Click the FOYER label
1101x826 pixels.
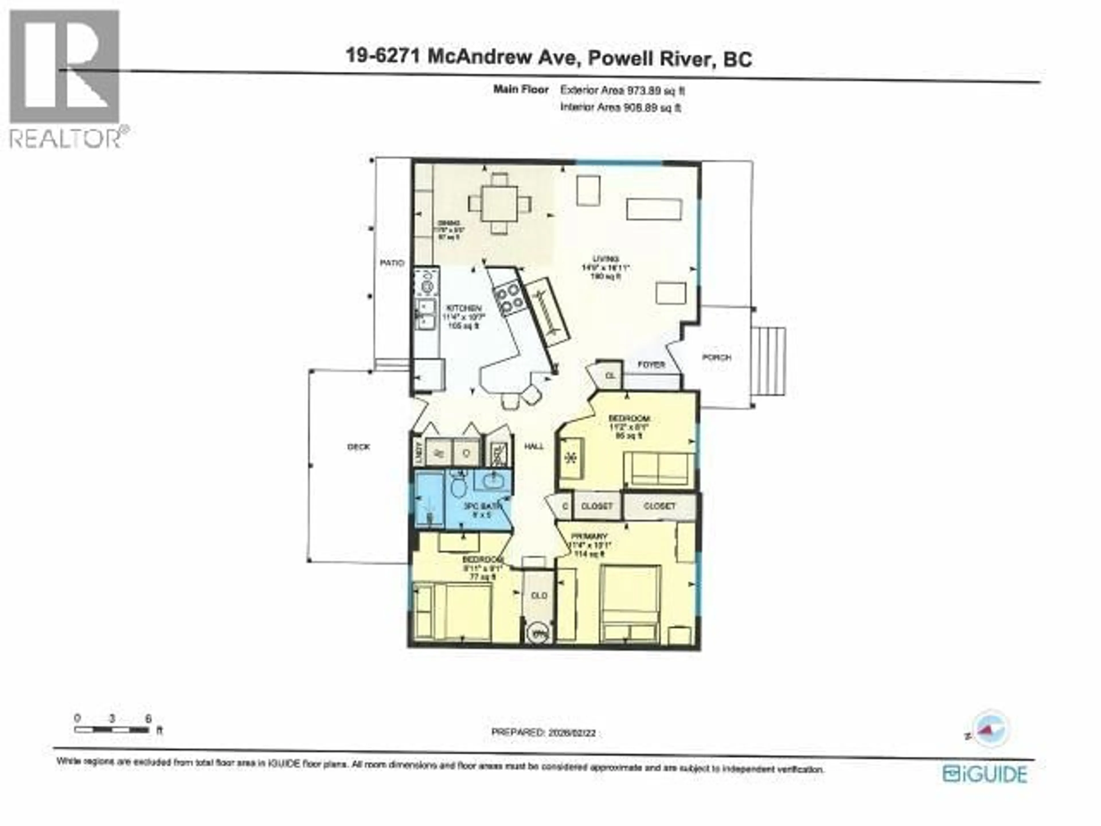[651, 365]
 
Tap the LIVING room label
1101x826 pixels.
[606, 259]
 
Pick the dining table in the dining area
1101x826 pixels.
[499, 203]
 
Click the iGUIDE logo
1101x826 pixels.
[985, 774]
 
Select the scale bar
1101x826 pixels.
[112, 730]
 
